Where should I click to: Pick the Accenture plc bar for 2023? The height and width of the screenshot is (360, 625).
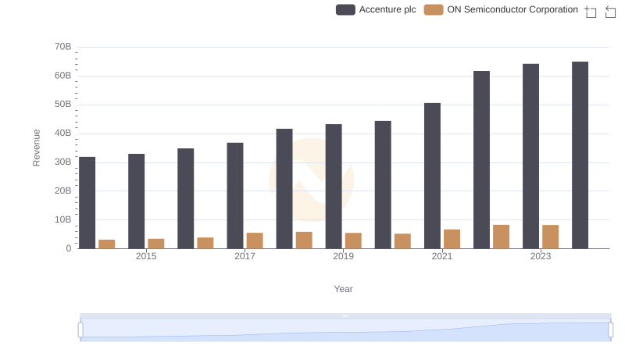tap(531, 156)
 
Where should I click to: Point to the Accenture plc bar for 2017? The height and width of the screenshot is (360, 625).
tap(235, 195)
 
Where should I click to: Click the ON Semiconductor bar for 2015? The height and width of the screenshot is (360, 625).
tap(156, 244)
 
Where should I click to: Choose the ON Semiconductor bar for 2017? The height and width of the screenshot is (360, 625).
tap(255, 241)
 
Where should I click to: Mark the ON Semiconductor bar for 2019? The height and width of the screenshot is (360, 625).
tap(353, 241)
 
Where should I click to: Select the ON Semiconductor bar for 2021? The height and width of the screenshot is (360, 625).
tap(452, 239)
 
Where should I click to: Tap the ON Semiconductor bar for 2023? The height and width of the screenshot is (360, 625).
tap(551, 237)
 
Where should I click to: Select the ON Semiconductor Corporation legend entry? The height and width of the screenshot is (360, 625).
tap(501, 9)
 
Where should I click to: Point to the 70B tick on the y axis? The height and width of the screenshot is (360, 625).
tap(62, 47)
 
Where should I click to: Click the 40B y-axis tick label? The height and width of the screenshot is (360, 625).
tap(62, 134)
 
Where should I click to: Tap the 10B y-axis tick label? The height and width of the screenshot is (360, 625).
tap(62, 219)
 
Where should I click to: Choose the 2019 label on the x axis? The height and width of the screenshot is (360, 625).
tap(343, 256)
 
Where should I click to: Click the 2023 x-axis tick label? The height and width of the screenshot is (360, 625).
tap(541, 256)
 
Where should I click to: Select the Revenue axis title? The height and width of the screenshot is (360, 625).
tap(36, 148)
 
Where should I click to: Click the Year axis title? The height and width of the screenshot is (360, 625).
tap(344, 289)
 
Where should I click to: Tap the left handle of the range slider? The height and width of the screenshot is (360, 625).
tap(80, 330)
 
